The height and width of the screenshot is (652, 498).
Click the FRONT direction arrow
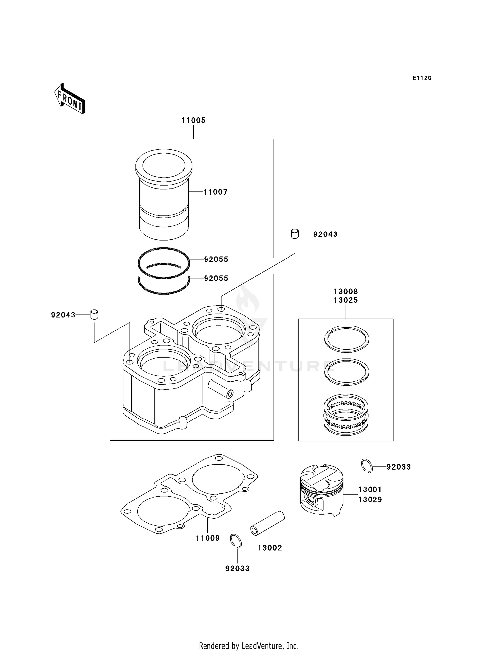tap(70, 99)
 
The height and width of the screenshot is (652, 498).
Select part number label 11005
tap(193, 120)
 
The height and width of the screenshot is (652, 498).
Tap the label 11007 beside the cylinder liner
tap(215, 192)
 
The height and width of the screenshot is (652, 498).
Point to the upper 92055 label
tap(216, 259)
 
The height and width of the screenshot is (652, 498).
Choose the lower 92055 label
tap(216, 278)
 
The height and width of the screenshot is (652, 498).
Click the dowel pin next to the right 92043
tap(295, 234)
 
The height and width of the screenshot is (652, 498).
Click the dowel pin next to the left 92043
tap(94, 314)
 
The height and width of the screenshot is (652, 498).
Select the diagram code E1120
tap(422, 78)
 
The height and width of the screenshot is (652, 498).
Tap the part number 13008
tap(346, 291)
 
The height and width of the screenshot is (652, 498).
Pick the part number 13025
tap(346, 300)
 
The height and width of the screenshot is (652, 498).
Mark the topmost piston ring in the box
tap(346, 339)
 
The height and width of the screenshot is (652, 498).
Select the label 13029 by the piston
tap(370, 499)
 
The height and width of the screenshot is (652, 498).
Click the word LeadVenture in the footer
tap(262, 646)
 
